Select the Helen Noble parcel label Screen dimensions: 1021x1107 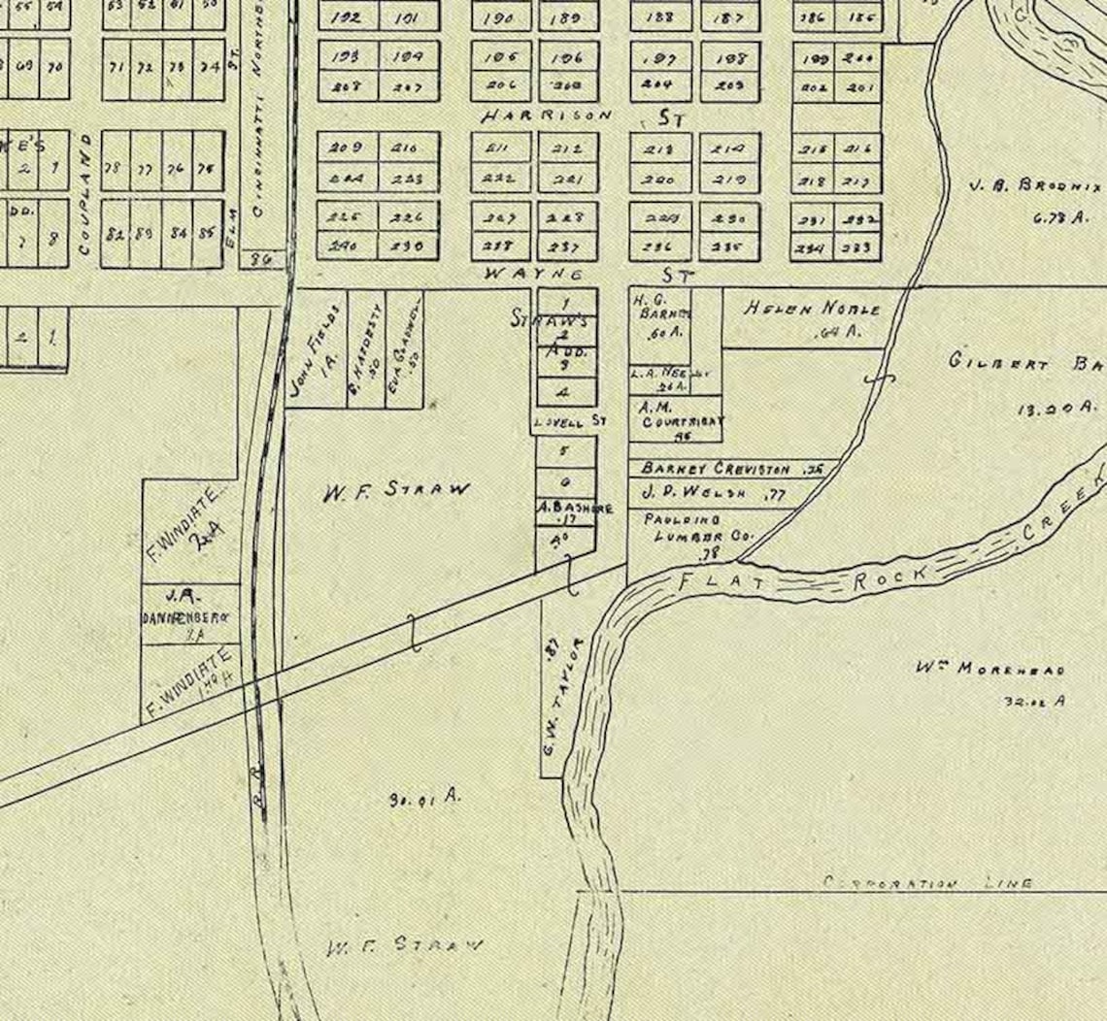coord(812,309)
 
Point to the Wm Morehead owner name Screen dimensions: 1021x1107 coord(990,669)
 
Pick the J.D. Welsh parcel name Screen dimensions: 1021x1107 coord(693,493)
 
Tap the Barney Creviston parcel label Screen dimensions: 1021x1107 coord(716,469)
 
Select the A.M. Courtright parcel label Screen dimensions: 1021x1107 coord(681,416)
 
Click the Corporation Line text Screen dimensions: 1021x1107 coord(927,883)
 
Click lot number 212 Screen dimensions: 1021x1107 coord(568,148)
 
